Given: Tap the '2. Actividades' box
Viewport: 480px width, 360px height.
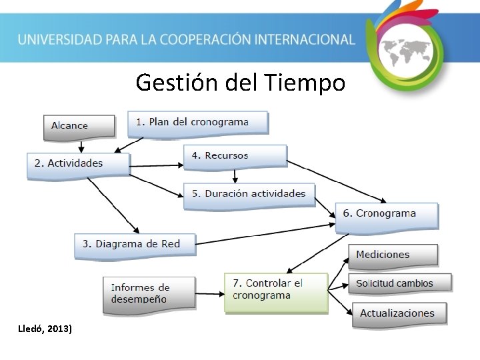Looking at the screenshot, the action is (x=77, y=163).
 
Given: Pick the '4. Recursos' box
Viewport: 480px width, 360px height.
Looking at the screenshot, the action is (x=235, y=156).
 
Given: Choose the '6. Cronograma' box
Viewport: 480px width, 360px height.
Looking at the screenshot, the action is (x=386, y=215).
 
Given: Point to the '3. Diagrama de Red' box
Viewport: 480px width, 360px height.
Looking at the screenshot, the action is (x=135, y=245).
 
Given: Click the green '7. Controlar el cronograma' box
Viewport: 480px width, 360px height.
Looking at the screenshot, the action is (x=275, y=291).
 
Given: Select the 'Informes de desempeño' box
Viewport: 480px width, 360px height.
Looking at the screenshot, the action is (x=149, y=293).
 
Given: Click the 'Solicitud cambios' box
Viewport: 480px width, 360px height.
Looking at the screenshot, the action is (x=399, y=283).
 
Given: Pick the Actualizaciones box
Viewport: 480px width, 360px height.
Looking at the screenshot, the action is (x=397, y=313).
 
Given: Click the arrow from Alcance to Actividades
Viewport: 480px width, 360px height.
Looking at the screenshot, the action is (x=81, y=146).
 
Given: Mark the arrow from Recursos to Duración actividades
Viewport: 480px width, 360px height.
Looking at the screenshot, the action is (x=235, y=176).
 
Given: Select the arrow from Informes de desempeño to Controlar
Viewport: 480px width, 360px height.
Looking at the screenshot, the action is (x=209, y=293).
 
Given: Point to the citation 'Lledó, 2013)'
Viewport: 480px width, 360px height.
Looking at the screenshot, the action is (x=47, y=329).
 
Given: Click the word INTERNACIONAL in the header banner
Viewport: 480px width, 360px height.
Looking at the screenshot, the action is (x=302, y=39).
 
